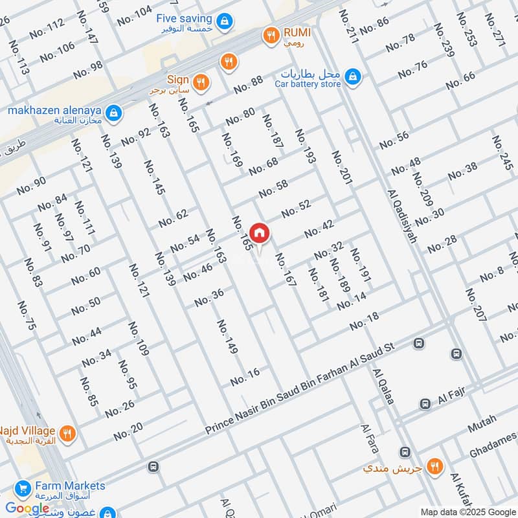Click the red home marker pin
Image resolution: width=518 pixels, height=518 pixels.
259,232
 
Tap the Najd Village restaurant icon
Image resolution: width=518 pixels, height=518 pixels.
66,433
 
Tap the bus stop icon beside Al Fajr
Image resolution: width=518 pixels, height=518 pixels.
425,403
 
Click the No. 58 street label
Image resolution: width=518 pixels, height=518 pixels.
273,189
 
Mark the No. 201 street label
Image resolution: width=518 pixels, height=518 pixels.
341,169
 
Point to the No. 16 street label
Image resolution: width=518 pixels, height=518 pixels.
245,376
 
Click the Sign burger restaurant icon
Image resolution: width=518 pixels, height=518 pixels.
201,82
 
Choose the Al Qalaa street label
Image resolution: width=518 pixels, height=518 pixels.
383,387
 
